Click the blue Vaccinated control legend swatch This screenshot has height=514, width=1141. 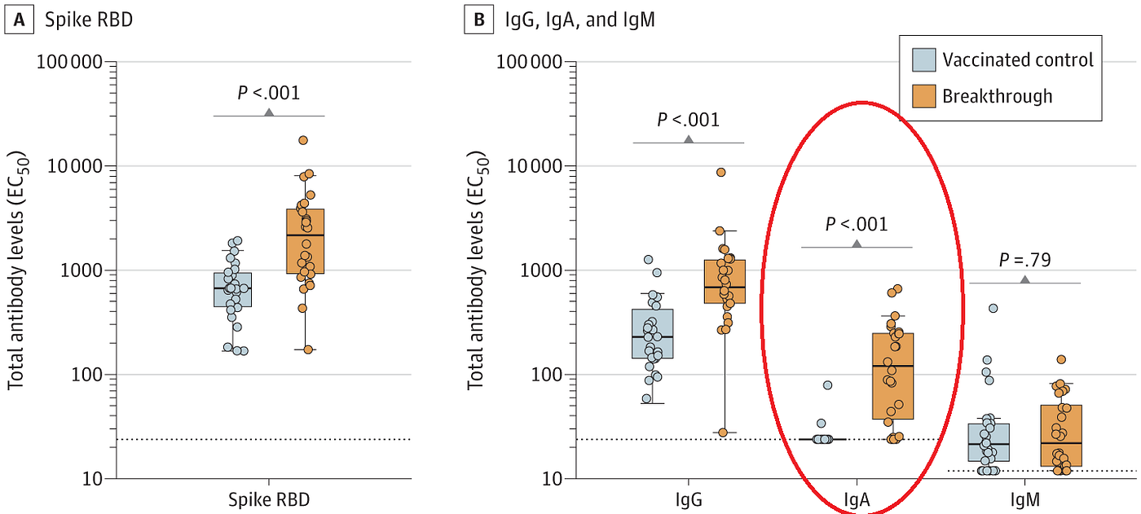pyautogui.click(x=921, y=60)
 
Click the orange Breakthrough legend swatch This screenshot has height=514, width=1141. pyautogui.click(x=921, y=96)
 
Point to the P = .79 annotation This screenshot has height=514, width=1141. pyautogui.click(x=1024, y=260)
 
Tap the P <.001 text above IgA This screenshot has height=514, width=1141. pyautogui.click(x=857, y=224)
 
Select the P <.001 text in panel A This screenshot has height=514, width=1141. pyautogui.click(x=268, y=92)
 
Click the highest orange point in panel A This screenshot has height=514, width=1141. pyautogui.click(x=303, y=140)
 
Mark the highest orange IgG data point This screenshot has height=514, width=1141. pyautogui.click(x=721, y=172)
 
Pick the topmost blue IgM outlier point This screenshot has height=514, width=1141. pyautogui.click(x=993, y=308)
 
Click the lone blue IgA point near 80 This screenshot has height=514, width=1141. pyautogui.click(x=827, y=384)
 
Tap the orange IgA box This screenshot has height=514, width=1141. pyautogui.click(x=892, y=375)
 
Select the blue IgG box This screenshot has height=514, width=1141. pyautogui.click(x=653, y=333)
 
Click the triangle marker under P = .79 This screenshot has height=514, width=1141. pyautogui.click(x=1024, y=279)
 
